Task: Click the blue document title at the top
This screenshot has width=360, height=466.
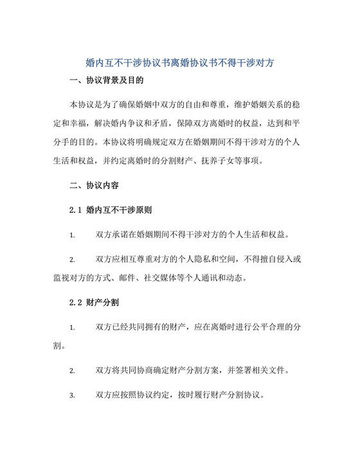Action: [x=180, y=63]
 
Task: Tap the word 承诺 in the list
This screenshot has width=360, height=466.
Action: [x=125, y=235]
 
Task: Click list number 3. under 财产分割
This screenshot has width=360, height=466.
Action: [x=73, y=396]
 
